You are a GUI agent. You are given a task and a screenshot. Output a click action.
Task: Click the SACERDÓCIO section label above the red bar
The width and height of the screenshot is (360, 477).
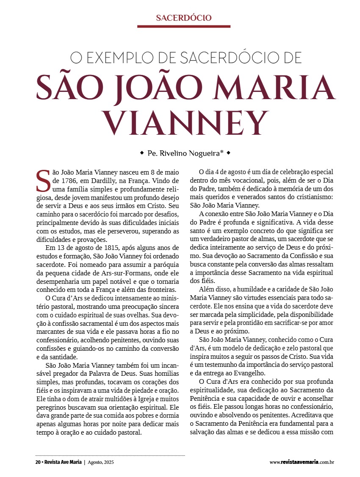click(x=183, y=18)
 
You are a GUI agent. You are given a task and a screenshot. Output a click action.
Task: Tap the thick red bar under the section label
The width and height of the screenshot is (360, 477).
click(x=183, y=26)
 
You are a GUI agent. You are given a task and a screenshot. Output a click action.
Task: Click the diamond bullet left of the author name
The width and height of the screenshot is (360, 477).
click(x=142, y=153)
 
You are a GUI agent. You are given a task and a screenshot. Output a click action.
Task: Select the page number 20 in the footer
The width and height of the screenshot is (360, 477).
click(x=38, y=462)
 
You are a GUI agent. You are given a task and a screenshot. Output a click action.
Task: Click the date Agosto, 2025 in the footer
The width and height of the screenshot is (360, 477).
click(x=100, y=462)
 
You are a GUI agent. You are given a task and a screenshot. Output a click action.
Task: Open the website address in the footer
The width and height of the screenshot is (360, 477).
click(x=302, y=462)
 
